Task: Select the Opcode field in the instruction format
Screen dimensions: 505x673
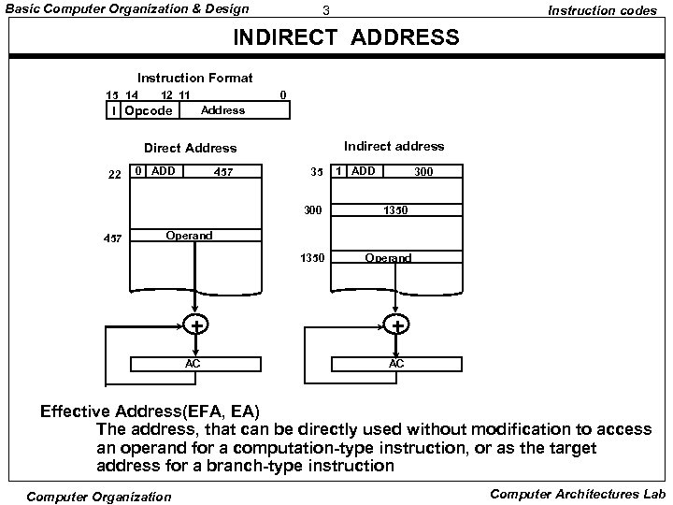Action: point(149,110)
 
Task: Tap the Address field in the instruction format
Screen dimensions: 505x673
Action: point(222,110)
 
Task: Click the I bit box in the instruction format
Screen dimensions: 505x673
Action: point(113,110)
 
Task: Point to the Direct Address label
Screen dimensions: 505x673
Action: point(190,148)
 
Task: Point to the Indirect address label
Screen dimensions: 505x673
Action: point(394,146)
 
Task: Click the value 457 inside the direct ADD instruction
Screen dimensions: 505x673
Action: point(223,172)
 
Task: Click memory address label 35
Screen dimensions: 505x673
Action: point(317,172)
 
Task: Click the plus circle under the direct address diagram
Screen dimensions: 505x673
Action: point(196,325)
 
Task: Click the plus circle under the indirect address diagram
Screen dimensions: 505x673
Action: point(397,325)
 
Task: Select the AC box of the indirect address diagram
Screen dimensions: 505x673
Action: point(396,363)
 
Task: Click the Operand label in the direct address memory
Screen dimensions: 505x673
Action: point(189,236)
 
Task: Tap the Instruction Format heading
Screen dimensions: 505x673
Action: point(195,78)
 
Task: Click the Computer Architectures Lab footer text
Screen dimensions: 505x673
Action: point(577,494)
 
